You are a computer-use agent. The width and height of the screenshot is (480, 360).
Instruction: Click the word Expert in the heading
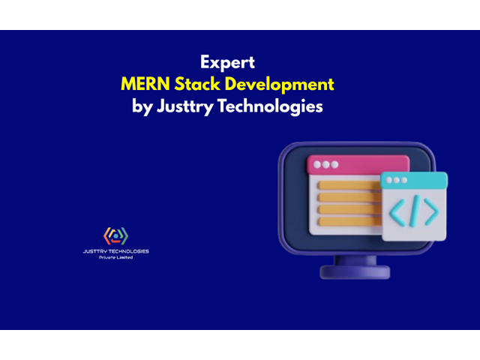pyautogui.click(x=227, y=61)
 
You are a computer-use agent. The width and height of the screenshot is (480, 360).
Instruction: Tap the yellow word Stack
pyautogui.click(x=208, y=83)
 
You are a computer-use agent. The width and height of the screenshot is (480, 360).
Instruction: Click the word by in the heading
pyautogui.click(x=142, y=106)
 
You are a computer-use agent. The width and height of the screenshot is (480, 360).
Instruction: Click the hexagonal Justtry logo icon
pyautogui.click(x=115, y=235)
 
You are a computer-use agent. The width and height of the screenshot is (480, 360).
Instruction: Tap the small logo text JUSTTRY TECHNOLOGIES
pyautogui.click(x=115, y=251)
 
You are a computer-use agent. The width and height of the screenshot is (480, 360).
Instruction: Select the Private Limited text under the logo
pyautogui.click(x=115, y=257)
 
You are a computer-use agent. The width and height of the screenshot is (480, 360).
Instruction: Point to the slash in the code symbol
pyautogui.click(x=414, y=211)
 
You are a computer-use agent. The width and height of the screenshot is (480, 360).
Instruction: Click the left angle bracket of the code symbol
pyautogui.click(x=396, y=212)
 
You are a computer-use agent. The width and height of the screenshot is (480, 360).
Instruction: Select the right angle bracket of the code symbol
pyautogui.click(x=431, y=212)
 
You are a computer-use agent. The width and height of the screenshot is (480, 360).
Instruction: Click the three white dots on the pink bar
pyautogui.click(x=325, y=164)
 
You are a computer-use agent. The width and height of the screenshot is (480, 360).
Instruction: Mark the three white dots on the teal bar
pyautogui.click(x=394, y=180)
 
